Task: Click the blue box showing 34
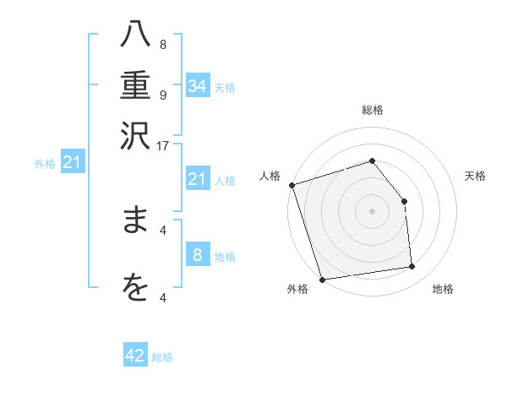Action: coord(198,86)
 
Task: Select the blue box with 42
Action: coord(135,356)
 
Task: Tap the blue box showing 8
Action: coord(198,255)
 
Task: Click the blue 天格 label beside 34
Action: coord(225,87)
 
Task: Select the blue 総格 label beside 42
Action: coord(162,356)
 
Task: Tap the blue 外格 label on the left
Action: coord(45,164)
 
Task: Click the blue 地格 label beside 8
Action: coord(225,256)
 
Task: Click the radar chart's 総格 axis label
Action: coord(372,110)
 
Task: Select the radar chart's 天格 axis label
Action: coord(476,176)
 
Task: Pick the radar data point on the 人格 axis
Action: coord(292,185)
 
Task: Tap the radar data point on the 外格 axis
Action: coord(322,279)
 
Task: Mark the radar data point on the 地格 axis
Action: coord(412,267)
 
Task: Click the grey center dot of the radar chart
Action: coord(372,210)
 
